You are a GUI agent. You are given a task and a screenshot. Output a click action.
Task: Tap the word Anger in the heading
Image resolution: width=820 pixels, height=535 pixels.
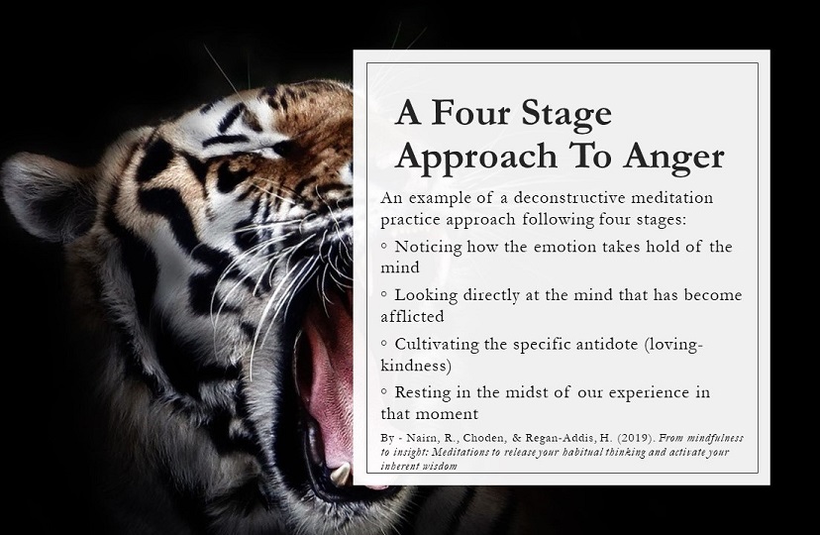[x=673, y=158]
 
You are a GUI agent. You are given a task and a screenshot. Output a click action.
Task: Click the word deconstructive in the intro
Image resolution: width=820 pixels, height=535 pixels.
[x=569, y=198]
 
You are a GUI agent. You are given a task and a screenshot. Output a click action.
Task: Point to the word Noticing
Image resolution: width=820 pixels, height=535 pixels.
[x=428, y=248]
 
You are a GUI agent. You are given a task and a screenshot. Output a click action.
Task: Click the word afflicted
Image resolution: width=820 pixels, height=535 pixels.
[x=412, y=316]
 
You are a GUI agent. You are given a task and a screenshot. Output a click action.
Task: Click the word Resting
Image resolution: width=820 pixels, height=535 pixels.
[x=423, y=393]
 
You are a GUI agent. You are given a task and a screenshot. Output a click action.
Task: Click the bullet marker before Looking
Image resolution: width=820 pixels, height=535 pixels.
[x=384, y=294]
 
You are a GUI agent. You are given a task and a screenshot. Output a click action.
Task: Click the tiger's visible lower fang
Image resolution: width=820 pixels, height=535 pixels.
[x=341, y=474]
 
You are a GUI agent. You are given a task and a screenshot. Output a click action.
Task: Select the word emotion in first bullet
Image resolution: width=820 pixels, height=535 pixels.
[x=565, y=247]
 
